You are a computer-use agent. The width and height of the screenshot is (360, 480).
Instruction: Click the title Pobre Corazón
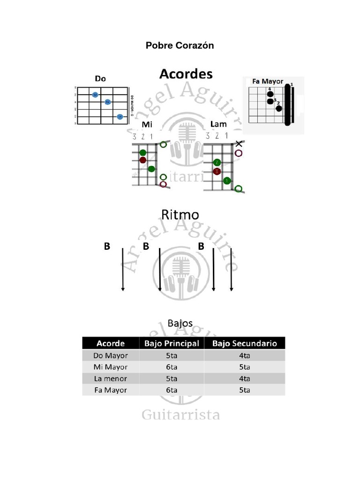(180, 45)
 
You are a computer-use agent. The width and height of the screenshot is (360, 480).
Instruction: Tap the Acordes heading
(186, 74)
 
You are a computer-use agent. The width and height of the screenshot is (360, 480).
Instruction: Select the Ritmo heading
(180, 215)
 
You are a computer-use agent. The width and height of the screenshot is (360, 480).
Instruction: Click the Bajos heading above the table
(180, 323)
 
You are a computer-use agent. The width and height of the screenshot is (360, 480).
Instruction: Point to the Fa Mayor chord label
(268, 81)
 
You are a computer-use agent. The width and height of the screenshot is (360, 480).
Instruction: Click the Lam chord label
(218, 124)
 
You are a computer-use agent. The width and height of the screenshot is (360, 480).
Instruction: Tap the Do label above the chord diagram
(100, 78)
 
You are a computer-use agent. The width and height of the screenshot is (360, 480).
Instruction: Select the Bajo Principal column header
(172, 343)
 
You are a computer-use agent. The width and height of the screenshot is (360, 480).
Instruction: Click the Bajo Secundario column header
(244, 343)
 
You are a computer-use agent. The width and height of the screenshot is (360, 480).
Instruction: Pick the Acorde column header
(111, 343)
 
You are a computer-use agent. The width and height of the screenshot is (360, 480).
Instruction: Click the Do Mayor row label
(111, 355)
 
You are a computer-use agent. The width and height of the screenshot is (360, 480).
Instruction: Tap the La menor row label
(111, 378)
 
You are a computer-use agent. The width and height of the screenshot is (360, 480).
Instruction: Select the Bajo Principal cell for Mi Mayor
(172, 367)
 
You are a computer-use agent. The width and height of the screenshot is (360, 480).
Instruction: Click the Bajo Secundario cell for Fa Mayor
(244, 390)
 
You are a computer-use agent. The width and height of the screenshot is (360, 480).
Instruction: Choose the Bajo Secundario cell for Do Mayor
(244, 355)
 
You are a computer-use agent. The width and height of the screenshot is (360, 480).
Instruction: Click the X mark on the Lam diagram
(239, 143)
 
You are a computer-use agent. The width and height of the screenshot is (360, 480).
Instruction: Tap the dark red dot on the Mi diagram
(143, 160)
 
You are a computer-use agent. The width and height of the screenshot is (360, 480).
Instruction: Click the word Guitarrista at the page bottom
(180, 415)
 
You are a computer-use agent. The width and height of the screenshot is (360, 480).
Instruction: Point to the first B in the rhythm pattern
(107, 246)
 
